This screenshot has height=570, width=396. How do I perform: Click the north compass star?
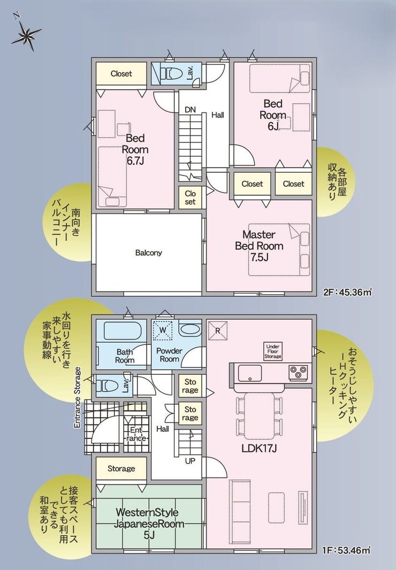tap(26, 35)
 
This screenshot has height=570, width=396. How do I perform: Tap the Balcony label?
tap(149, 252)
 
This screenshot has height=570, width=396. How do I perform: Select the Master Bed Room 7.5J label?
tap(259, 246)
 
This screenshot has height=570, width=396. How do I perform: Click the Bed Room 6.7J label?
tap(135, 149)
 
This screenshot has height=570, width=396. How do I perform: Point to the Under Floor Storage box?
tap(272, 351)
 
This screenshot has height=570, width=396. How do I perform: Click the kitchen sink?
tap(250, 373)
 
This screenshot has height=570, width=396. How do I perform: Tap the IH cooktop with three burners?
tap(299, 373)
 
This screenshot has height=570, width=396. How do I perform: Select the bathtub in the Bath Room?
tap(123, 330)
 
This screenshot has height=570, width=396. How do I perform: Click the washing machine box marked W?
tap(162, 330)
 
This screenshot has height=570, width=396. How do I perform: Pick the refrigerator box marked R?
tap(217, 330)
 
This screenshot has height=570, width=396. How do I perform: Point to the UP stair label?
tap(190, 461)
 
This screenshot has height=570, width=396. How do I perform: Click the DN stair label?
tap(190, 110)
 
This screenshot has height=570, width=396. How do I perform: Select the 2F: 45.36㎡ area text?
tap(348, 291)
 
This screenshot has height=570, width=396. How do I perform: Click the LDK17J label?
tap(260, 448)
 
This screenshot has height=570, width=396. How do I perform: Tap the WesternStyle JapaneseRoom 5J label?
tap(147, 524)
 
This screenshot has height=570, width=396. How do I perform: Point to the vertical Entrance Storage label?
tap(77, 397)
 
